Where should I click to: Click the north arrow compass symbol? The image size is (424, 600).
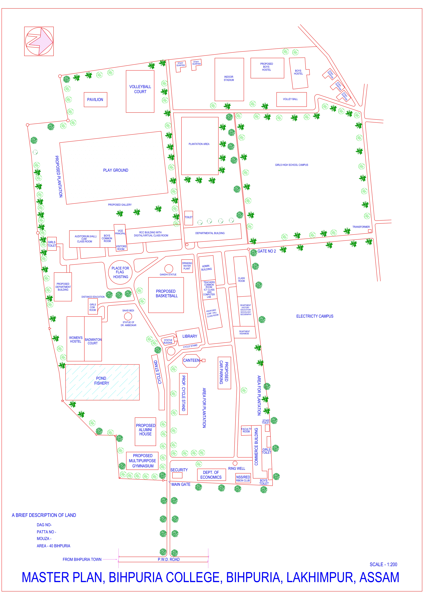39,41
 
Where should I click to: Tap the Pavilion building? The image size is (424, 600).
95,100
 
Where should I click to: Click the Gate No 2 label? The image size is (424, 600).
267,251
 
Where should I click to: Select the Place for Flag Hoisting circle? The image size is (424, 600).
120,272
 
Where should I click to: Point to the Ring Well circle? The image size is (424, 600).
235,463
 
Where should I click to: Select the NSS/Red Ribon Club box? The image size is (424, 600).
243,478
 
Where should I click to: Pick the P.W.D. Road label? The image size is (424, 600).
169,559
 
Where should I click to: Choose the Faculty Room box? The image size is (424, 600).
246,430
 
